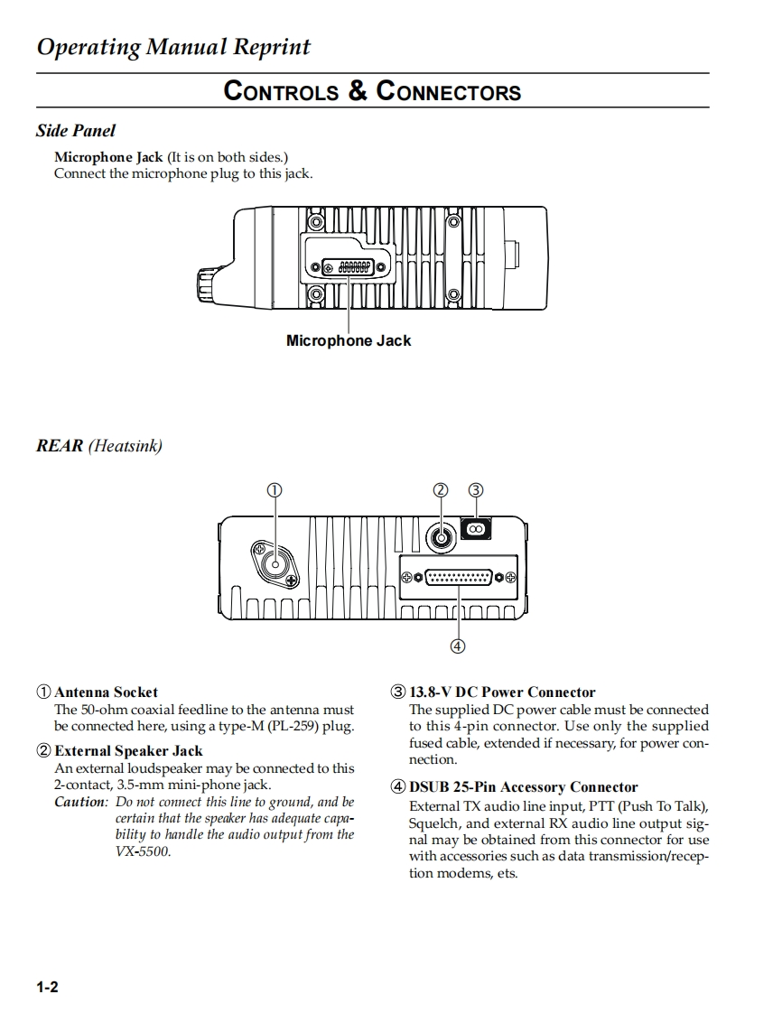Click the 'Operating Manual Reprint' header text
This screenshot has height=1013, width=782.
click(173, 47)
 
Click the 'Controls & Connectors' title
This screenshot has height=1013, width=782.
click(372, 91)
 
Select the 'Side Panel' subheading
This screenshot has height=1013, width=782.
click(76, 131)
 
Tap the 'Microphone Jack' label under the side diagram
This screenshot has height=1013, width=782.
click(348, 340)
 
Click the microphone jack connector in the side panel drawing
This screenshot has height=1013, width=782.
click(348, 267)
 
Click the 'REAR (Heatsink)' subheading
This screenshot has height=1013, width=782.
click(99, 445)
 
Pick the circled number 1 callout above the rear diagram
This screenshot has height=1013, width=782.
click(274, 490)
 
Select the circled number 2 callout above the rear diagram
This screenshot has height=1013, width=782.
click(441, 490)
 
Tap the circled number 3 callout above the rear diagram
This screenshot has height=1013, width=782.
click(476, 490)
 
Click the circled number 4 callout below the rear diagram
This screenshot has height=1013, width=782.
click(458, 645)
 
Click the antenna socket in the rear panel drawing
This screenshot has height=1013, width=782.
click(275, 564)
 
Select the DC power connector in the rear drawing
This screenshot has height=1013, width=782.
click(476, 528)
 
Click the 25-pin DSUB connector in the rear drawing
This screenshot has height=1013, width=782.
click(459, 577)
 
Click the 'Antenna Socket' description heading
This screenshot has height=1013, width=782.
click(106, 692)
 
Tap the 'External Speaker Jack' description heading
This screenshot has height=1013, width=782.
click(128, 750)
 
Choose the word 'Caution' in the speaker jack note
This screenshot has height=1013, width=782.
click(80, 802)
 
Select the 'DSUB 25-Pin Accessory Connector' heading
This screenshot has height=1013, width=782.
click(523, 787)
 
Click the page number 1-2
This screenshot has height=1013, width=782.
click(48, 987)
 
